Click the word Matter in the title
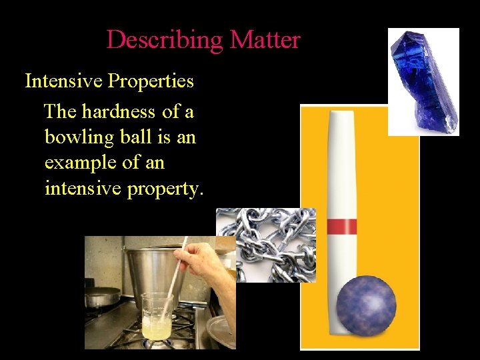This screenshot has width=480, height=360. click(x=265, y=40)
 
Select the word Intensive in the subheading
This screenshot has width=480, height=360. click(x=63, y=81)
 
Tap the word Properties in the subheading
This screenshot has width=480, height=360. click(x=151, y=81)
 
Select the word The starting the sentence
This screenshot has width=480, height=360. click(x=60, y=112)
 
